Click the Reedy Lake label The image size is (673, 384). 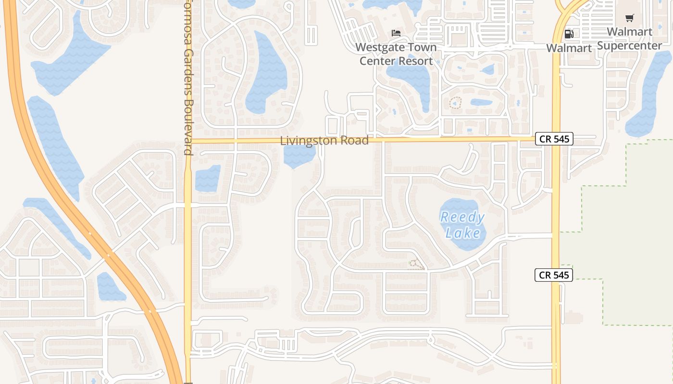coord(462,225)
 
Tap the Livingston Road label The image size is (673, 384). coord(324,141)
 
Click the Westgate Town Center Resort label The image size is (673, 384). coord(396,54)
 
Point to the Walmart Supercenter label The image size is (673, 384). coord(630,39)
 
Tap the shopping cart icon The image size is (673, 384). coord(629,18)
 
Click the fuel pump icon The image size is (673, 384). coord(569,34)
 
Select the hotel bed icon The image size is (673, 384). coord(396,33)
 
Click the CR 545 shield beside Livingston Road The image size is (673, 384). coord(554,139)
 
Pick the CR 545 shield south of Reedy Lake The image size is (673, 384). coord(554,275)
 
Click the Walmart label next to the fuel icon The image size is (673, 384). coord(569,48)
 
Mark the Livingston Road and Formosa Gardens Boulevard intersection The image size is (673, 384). coord(188,141)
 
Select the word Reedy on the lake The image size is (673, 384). coord(462,217)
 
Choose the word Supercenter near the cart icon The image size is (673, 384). coord(630,46)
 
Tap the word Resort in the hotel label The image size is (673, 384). coord(417,61)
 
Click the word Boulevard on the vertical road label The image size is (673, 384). coord(188,127)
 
